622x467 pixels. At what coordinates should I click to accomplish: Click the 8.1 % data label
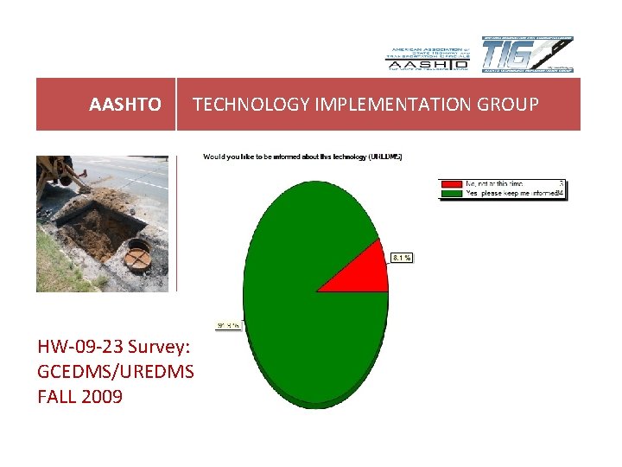pyautogui.click(x=402, y=257)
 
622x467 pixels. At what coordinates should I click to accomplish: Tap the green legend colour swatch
pyautogui.click(x=451, y=194)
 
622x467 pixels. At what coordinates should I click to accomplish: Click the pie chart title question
pyautogui.click(x=302, y=157)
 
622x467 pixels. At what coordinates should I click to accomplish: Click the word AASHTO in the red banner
pyautogui.click(x=124, y=105)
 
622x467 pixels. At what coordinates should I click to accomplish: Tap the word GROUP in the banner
pyautogui.click(x=511, y=105)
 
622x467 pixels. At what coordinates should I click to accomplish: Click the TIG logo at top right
pyautogui.click(x=527, y=54)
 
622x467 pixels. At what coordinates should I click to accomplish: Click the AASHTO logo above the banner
pyautogui.click(x=427, y=59)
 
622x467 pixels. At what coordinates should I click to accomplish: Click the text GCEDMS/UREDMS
pyautogui.click(x=116, y=372)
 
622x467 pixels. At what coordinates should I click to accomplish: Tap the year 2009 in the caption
pyautogui.click(x=101, y=397)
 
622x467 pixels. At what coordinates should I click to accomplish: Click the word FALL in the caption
pyautogui.click(x=57, y=397)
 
